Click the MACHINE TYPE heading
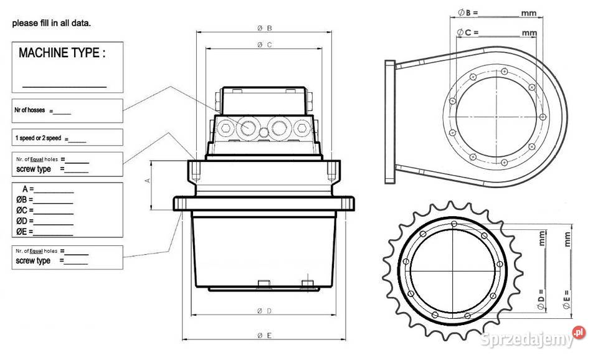[x=62, y=52]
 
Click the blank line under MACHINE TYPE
[x=64, y=87]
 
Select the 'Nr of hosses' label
[x=29, y=110]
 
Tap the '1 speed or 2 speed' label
[x=38, y=138]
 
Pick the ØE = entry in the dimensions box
[x=24, y=232]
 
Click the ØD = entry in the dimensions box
[x=25, y=221]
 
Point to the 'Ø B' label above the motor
[x=264, y=28]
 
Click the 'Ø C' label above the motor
[x=264, y=45]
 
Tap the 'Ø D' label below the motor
[x=264, y=311]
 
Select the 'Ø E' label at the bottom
[x=264, y=336]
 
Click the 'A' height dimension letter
[x=148, y=181]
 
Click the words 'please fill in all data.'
[x=52, y=23]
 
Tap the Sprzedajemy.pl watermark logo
[x=533, y=337]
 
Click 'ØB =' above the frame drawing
[x=468, y=12]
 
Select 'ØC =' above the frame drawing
[x=468, y=32]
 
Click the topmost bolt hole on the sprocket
[x=454, y=224]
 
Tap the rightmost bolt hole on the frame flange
[x=543, y=116]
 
